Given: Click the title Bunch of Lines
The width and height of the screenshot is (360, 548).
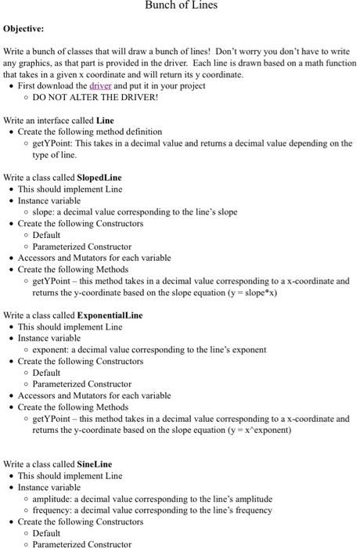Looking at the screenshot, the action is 181,6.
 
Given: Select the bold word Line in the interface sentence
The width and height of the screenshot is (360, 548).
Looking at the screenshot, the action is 105,121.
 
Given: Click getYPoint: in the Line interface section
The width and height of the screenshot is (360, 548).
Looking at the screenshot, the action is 55,143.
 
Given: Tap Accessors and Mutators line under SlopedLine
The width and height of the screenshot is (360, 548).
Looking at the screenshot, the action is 94,258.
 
